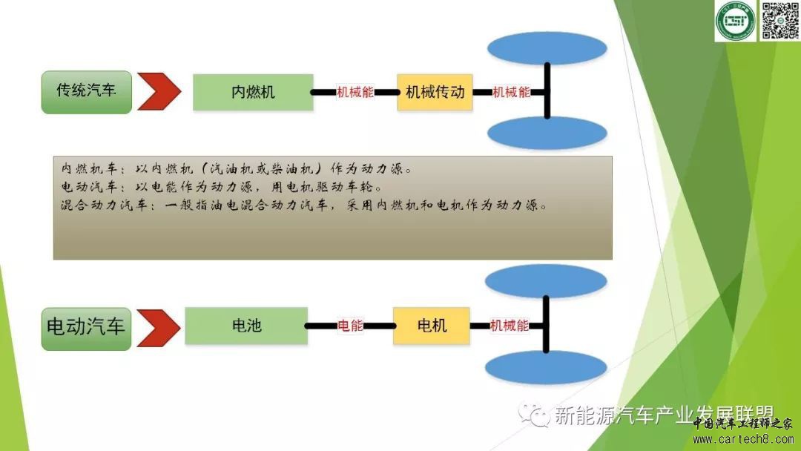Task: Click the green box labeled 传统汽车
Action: pos(87,92)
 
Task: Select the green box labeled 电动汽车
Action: pos(87,327)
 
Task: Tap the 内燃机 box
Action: pos(253,92)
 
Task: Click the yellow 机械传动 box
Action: pos(435,92)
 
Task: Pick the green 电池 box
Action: pos(246,326)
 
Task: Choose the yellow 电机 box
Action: pos(432,326)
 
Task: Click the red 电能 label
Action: pos(351,326)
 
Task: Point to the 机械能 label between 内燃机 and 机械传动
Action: pos(355,92)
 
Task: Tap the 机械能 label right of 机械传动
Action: pos(512,92)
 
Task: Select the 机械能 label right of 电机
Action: pos(510,326)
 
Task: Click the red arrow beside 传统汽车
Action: pos(159,92)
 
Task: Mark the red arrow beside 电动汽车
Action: pos(159,327)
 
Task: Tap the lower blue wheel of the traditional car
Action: pos(547,134)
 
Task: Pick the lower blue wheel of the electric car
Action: pos(547,368)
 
